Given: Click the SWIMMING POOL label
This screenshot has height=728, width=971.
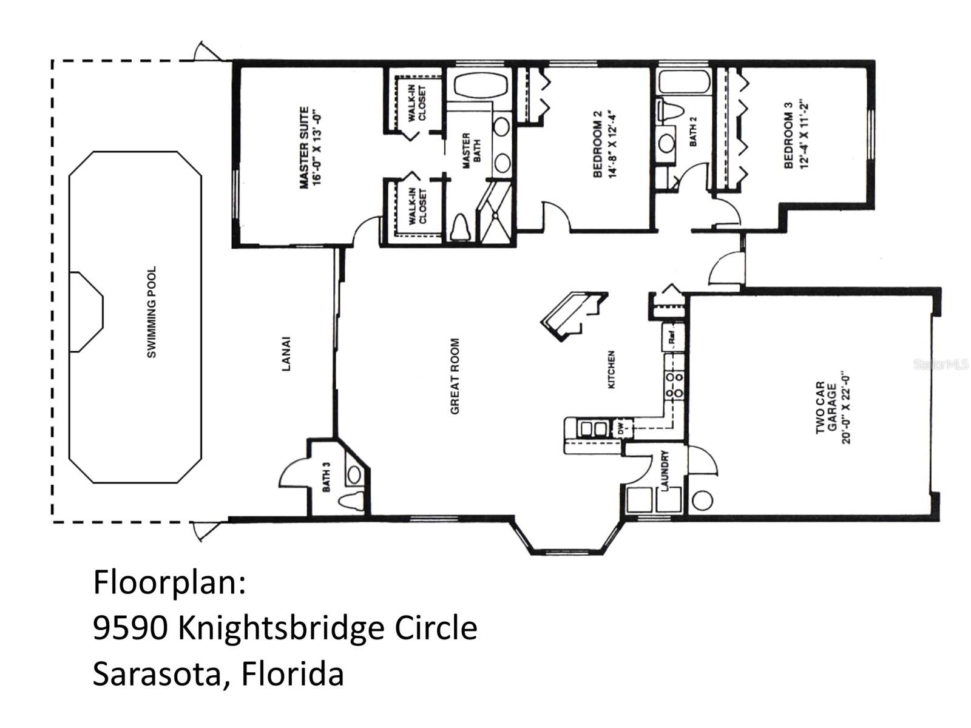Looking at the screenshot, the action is [x=151, y=312].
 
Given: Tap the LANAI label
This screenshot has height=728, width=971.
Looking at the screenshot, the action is [x=286, y=354].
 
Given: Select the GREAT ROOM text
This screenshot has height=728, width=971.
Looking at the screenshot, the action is [x=455, y=376].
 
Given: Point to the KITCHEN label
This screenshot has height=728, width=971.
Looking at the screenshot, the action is [x=611, y=369].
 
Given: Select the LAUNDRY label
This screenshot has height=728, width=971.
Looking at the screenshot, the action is [x=665, y=470].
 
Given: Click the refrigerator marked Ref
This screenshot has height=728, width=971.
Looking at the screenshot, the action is [x=673, y=338].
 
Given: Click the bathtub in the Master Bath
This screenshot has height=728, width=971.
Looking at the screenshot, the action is [x=480, y=84].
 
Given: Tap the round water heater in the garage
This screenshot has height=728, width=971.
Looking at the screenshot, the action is [x=702, y=501].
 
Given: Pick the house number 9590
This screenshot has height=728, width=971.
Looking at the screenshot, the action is [x=130, y=628].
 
